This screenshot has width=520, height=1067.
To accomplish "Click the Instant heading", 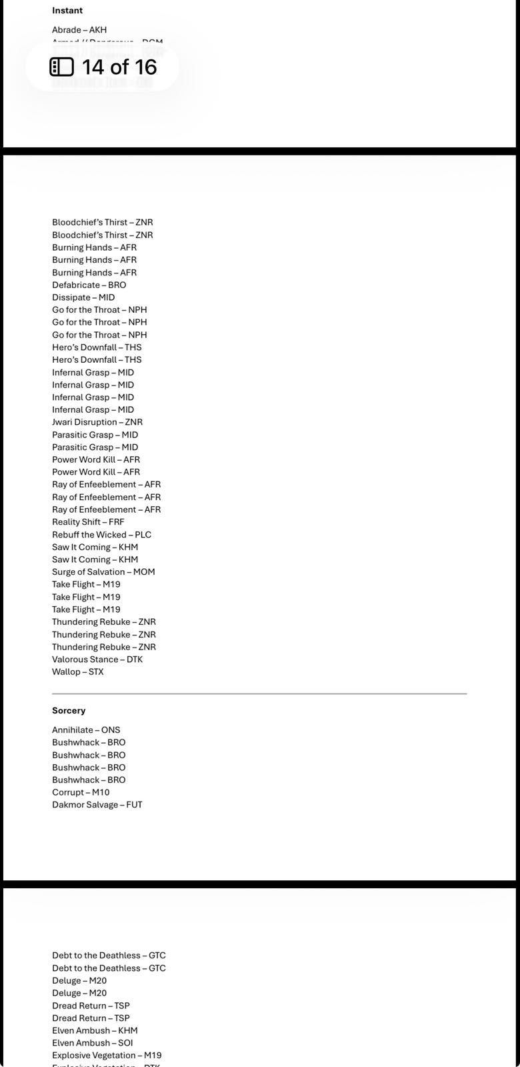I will point(67,11).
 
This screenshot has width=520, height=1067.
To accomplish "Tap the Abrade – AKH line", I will point(79,30).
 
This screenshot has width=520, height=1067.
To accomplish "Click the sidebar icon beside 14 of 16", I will point(62,67).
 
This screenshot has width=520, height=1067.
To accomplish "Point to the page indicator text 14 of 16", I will point(119,67).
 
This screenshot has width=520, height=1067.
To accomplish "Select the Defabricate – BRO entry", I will point(89,285).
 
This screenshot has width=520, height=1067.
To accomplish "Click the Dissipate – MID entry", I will point(83,297).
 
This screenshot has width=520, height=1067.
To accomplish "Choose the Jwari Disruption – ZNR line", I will point(97,422).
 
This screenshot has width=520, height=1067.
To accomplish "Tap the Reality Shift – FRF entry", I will point(88,522).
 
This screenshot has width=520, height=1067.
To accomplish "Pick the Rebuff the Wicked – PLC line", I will point(101,535).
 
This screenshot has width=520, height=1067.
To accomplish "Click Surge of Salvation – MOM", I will point(103,572).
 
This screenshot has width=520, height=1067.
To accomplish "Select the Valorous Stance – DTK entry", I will point(97,660).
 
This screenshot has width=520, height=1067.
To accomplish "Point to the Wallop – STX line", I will point(78,672).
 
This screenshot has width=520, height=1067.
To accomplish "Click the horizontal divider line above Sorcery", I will point(259,694).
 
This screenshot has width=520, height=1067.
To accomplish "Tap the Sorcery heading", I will point(69,711).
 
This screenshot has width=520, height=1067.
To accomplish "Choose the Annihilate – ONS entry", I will point(86,730).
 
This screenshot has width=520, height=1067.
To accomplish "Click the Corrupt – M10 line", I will point(81,792).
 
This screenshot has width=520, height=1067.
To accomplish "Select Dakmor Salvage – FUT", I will point(97,805).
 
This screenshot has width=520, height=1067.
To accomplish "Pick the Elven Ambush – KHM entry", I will point(95,1030).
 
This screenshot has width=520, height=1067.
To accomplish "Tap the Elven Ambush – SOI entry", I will point(93,1043).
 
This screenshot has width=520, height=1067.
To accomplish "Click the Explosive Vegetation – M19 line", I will point(107,1056).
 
